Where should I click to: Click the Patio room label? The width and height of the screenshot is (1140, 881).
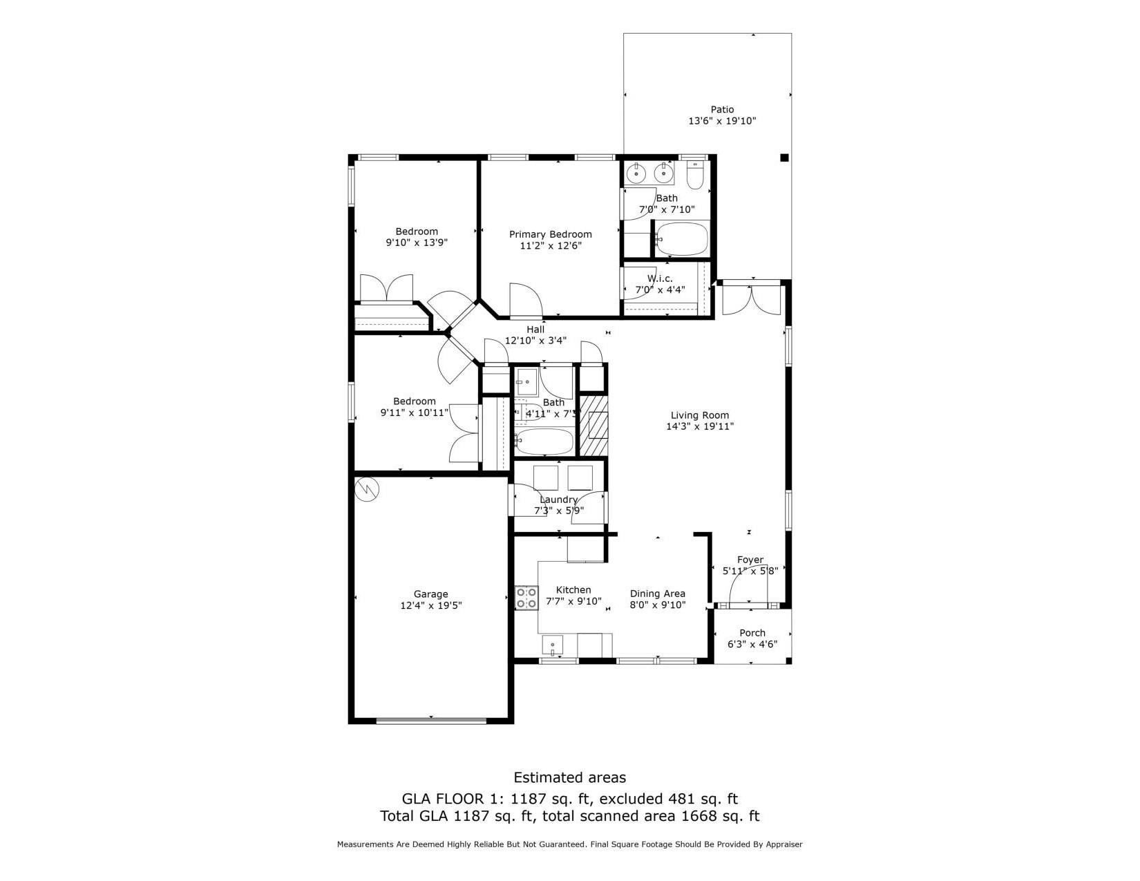tap(722, 109)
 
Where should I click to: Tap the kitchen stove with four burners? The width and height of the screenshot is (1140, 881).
tap(526, 598)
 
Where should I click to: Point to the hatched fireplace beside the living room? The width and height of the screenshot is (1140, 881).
tap(593, 425)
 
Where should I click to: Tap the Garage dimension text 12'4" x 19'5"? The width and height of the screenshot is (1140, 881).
tap(430, 605)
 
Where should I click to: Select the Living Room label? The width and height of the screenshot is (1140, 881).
tap(699, 415)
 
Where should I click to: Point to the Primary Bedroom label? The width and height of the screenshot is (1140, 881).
tap(550, 234)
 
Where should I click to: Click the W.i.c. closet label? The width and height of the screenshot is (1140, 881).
tap(659, 278)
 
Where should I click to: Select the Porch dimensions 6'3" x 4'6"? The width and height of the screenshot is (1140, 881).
tap(752, 644)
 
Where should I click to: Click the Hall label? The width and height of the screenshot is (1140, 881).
tap(535, 330)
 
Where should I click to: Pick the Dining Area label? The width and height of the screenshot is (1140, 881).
tap(657, 594)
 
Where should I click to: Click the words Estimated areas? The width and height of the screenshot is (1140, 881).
tap(569, 778)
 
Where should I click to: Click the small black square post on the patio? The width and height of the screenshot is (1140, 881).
tap(783, 158)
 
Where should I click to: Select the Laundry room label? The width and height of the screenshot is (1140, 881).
tap(558, 500)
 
